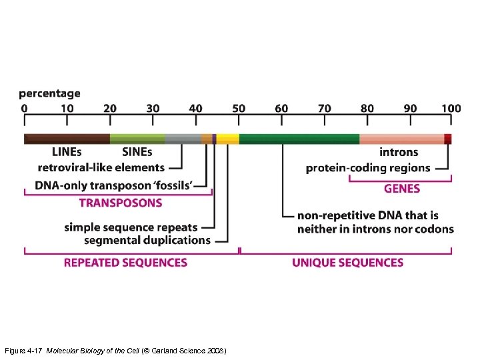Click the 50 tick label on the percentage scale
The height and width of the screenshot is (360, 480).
coord(239,108)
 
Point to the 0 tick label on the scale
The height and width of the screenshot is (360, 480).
coord(25,108)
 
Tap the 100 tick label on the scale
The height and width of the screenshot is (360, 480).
coord(451,108)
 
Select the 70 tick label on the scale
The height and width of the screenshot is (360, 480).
coord(325,108)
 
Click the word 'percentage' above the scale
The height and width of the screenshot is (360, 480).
coord(49,93)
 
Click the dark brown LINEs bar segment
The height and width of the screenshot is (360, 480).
coord(67,139)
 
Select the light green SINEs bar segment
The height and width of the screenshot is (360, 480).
coord(137,139)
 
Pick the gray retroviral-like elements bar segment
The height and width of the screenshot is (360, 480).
coord(183,139)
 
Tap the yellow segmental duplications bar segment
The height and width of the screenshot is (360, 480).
coord(227,139)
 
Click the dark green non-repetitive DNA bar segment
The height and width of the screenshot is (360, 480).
coord(299,139)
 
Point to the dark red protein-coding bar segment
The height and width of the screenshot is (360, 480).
coord(448,139)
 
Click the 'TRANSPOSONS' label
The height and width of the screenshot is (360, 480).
coord(121,203)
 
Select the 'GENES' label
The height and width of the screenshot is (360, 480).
coord(401,189)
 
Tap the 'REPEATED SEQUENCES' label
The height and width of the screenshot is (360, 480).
coord(125,263)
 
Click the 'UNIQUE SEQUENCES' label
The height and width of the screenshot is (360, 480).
coord(347,263)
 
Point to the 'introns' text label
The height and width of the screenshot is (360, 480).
coord(399,153)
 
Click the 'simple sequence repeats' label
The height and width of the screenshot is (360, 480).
coord(137,227)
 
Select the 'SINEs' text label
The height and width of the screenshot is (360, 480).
coord(137,153)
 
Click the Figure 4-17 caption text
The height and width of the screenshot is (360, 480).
coord(115,350)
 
